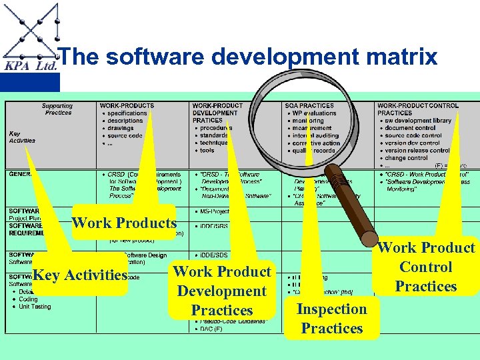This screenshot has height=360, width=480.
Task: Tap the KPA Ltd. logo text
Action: (31, 66)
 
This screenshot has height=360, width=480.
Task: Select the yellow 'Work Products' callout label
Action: (124, 223)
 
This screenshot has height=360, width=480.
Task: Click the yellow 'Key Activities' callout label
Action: (80, 275)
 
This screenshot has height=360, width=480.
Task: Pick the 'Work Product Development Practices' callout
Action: (222, 291)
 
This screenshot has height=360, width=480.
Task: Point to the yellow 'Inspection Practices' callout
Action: (331, 319)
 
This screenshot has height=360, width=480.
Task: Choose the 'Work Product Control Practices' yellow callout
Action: (426, 267)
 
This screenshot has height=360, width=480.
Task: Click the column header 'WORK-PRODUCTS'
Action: (127, 105)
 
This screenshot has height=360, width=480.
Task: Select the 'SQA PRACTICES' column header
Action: (309, 105)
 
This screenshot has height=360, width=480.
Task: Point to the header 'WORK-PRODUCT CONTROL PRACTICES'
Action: (418, 109)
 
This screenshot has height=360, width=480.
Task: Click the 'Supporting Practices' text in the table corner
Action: (58, 109)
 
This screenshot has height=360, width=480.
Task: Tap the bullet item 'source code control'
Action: (413, 135)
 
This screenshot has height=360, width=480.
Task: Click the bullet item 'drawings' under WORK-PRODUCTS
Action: (121, 128)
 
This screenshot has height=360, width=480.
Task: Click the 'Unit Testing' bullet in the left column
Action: (35, 307)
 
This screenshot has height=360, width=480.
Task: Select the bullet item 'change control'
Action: (406, 158)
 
